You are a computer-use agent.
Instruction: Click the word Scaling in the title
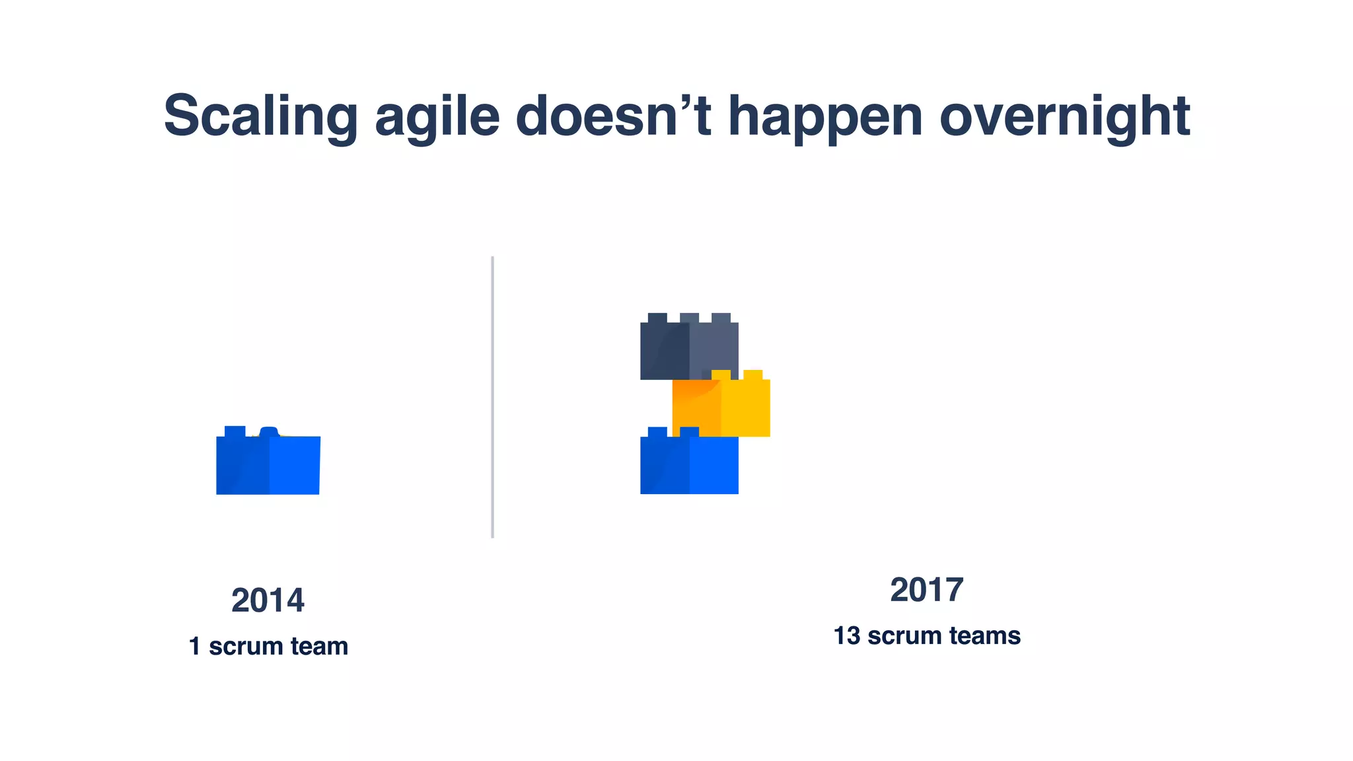pos(260,116)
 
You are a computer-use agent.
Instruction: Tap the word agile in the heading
pos(437,116)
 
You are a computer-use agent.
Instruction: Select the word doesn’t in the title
pos(613,116)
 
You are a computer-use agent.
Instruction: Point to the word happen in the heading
pos(825,116)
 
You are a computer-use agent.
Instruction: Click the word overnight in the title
pos(1064,116)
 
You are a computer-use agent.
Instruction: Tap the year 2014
pos(268,600)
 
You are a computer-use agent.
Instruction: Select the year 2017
pos(926,590)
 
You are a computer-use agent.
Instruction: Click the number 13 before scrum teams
pos(846,636)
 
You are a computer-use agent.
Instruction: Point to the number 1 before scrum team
pos(195,646)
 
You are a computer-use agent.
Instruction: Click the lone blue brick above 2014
pos(268,465)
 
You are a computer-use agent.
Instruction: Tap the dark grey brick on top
pos(689,350)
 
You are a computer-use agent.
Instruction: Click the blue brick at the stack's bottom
pos(689,466)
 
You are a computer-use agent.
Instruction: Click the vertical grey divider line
pos(492,397)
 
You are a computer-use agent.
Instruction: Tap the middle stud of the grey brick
pos(689,318)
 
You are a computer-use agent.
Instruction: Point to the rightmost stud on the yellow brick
pos(752,375)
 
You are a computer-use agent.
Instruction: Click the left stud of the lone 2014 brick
pos(235,431)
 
